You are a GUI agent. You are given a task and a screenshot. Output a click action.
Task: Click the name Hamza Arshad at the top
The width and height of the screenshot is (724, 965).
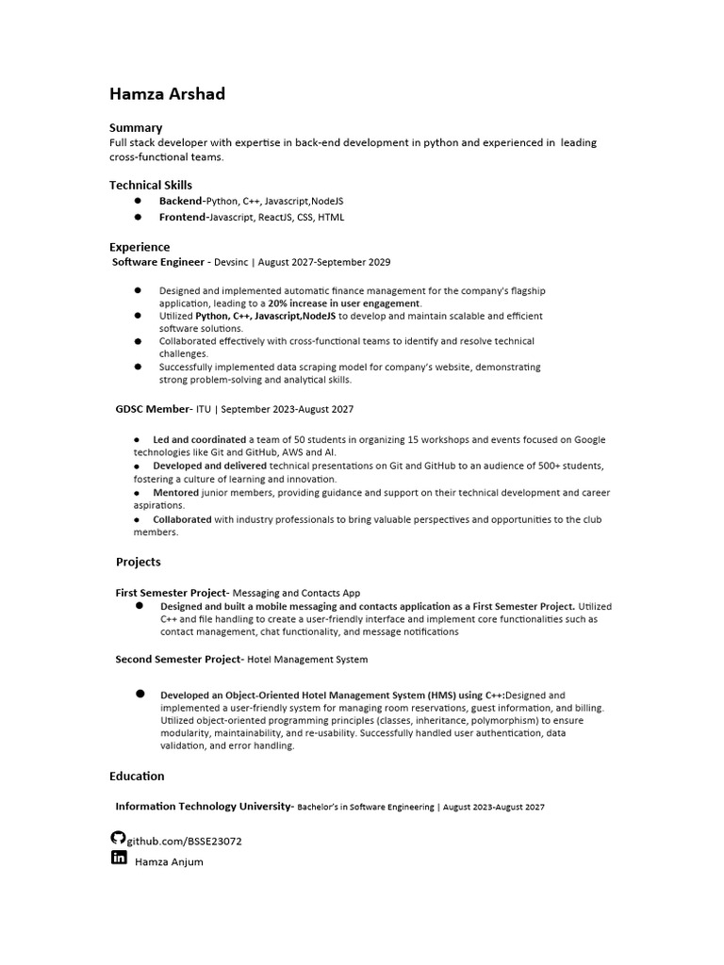(x=167, y=94)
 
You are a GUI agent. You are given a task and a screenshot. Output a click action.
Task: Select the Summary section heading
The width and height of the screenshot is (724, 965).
(x=136, y=127)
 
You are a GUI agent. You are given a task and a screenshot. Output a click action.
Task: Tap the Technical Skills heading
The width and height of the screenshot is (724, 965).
(x=151, y=185)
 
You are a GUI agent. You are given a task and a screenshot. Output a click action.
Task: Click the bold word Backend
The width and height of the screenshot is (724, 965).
(x=180, y=201)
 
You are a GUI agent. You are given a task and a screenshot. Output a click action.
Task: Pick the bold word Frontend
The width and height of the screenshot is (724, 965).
(x=183, y=217)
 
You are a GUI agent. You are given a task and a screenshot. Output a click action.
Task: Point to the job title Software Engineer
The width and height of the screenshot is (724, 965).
(x=158, y=262)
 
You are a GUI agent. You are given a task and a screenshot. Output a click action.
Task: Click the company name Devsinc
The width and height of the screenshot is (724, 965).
(x=231, y=262)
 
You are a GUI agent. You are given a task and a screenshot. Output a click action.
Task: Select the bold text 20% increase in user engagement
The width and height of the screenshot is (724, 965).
(x=344, y=303)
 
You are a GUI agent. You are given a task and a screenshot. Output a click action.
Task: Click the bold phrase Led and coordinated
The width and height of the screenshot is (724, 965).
(x=200, y=439)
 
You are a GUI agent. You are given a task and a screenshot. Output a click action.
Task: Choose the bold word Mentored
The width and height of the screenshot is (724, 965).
(x=175, y=492)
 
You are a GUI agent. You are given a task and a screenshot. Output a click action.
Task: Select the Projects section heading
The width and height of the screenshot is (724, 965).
(x=139, y=562)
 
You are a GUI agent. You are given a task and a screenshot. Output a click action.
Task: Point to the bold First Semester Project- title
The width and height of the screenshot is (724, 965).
(x=172, y=593)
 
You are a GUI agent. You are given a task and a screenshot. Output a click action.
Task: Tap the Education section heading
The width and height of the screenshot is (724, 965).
(x=137, y=776)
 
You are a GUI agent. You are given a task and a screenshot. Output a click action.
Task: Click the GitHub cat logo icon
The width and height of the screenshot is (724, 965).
(x=118, y=838)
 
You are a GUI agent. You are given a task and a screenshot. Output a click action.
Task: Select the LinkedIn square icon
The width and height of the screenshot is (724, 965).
(x=119, y=858)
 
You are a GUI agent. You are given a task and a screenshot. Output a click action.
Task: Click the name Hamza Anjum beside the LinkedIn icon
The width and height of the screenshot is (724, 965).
(x=169, y=861)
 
